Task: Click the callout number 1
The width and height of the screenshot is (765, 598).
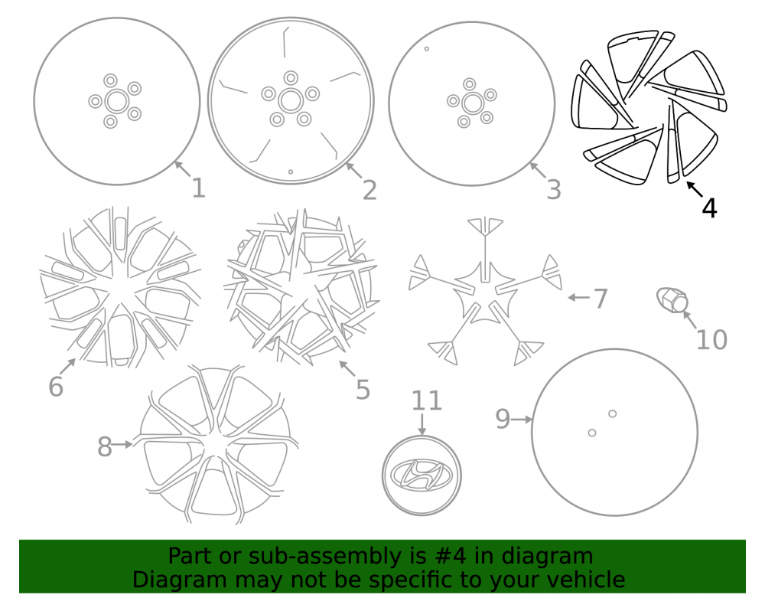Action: [x=198, y=188]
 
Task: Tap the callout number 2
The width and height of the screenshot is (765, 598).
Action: [x=369, y=190]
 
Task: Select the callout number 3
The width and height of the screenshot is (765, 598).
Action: [x=554, y=189]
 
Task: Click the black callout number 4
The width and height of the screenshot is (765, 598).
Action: [x=709, y=208]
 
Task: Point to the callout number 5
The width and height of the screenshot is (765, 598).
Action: [x=363, y=389]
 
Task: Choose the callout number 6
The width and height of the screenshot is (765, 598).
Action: [x=56, y=386]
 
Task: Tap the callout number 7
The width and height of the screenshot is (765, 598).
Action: [x=601, y=299]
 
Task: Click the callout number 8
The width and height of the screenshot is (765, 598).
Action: [x=104, y=446]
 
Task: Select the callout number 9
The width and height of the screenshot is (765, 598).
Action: [x=503, y=419]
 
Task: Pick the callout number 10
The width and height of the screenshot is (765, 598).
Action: [x=711, y=339]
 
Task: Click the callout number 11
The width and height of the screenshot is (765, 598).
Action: [x=426, y=400]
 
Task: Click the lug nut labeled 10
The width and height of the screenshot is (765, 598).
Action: [x=672, y=299]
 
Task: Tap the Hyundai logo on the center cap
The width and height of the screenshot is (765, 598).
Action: [x=422, y=474]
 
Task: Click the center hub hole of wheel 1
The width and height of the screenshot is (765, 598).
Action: [x=116, y=101]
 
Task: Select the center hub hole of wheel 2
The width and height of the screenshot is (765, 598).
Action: [x=291, y=100]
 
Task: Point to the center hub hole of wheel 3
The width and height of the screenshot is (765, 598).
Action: [x=472, y=103]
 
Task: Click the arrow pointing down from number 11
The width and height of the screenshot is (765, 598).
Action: [x=422, y=423]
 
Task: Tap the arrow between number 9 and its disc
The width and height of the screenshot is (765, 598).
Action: [x=522, y=420]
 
